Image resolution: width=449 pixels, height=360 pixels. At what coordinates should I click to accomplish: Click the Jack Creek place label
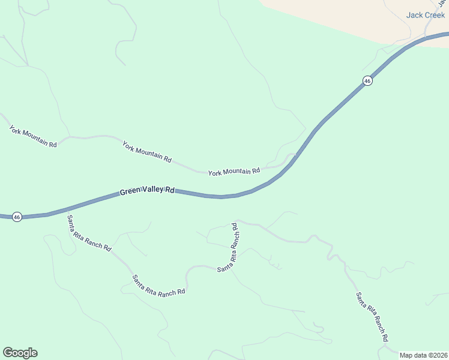426,15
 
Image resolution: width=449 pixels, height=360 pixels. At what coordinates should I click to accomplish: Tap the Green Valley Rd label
146,191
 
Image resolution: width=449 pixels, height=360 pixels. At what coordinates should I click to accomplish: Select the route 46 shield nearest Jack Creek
367,80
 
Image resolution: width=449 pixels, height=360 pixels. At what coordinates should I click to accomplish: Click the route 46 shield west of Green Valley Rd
17,217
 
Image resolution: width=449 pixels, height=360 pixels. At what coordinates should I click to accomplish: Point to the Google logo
20,353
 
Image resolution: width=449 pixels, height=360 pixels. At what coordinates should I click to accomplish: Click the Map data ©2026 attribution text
423,355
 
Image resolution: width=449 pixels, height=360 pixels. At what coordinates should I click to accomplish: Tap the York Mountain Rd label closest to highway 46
234,172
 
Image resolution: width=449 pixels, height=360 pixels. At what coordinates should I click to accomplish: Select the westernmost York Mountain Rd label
33,137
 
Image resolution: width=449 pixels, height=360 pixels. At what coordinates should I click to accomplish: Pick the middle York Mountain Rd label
147,152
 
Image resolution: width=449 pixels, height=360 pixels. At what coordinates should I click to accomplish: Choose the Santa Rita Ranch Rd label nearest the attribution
372,317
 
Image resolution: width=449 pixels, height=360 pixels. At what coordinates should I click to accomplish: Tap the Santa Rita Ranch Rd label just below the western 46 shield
89,233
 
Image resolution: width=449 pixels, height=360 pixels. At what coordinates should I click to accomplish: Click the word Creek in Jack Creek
435,15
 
